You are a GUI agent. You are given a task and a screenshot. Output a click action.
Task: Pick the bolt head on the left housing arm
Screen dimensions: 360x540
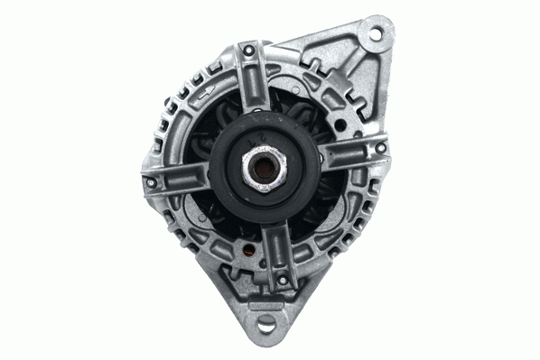click(x=152, y=183)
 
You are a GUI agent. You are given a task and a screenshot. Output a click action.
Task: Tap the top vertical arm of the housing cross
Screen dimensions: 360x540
click(x=253, y=86)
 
